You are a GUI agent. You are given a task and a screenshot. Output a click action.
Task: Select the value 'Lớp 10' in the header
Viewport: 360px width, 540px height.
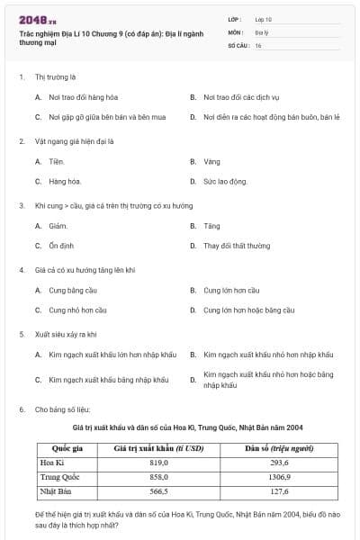tap(264, 18)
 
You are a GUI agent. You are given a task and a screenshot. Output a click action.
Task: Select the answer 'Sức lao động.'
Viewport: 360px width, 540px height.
tap(225, 181)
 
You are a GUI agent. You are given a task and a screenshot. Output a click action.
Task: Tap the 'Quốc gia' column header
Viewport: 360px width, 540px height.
tap(67, 447)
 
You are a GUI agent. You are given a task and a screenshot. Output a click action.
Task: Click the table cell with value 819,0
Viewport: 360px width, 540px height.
tap(158, 462)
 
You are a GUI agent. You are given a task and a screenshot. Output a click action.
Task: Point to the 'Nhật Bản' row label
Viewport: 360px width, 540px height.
tap(58, 491)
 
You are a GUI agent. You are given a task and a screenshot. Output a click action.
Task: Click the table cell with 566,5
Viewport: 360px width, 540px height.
tap(158, 491)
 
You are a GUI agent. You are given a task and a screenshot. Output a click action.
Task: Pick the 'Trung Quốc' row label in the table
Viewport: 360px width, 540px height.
tap(61, 477)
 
